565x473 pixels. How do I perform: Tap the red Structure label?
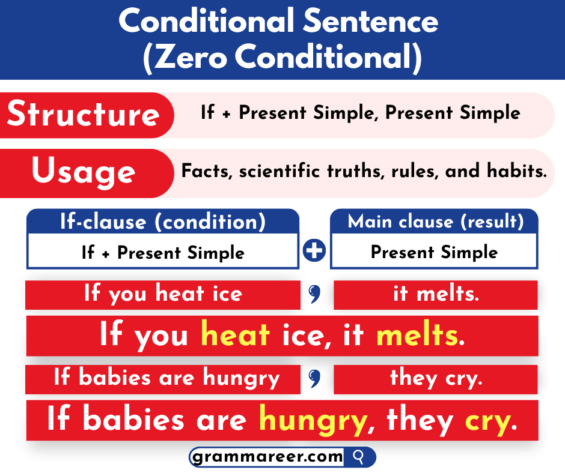(84, 115)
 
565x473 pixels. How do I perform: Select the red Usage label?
(84, 172)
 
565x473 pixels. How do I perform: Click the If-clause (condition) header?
(162, 222)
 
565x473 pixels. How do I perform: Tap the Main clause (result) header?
(435, 222)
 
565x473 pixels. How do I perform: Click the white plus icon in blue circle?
(314, 251)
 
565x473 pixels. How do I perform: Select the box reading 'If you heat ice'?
(162, 294)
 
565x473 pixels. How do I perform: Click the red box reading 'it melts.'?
(435, 294)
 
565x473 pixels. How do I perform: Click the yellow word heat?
(235, 336)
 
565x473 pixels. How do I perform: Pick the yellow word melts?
(417, 336)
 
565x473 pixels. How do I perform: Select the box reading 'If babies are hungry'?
(162, 379)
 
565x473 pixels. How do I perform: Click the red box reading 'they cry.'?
(435, 379)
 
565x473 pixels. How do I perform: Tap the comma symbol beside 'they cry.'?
(314, 378)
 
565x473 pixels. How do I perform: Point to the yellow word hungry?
(313, 420)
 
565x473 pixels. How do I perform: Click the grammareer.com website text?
(267, 457)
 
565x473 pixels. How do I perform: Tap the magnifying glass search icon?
(359, 457)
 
